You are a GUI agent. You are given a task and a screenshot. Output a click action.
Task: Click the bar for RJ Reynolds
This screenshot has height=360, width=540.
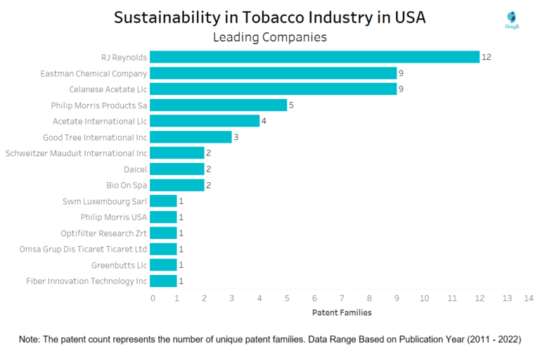pos(314,57)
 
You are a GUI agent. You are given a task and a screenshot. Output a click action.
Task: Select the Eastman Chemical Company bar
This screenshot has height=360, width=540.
pos(273,73)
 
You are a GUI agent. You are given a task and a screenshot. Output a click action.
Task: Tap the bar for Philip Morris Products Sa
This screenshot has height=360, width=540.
pos(218,105)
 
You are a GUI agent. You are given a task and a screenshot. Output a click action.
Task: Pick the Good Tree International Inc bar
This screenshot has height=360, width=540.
pos(191,137)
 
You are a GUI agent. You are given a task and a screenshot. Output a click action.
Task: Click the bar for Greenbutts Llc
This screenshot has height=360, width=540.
pos(163,265)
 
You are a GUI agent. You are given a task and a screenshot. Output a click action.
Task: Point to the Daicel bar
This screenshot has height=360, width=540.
pos(176,169)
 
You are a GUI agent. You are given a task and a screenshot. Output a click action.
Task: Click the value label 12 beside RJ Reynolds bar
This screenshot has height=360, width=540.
pos(486,57)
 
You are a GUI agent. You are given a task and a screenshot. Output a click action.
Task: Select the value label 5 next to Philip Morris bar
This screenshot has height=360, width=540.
pos(291,105)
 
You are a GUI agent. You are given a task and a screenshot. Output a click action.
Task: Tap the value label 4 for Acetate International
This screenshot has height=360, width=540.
pos(264,122)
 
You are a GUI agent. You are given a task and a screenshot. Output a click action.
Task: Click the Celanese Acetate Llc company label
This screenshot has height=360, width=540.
pos(108,89)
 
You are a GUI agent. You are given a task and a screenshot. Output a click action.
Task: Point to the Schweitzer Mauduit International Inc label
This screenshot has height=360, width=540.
pos(76,153)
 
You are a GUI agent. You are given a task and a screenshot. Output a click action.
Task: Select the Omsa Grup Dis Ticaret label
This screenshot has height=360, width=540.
pos(84,249)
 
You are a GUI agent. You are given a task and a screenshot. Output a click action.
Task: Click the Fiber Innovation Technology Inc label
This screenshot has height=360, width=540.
pos(86,281)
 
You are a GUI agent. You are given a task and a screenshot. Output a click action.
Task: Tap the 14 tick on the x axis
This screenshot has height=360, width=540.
pos(529,298)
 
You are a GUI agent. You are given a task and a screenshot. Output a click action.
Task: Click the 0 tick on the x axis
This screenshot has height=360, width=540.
pos(153,298)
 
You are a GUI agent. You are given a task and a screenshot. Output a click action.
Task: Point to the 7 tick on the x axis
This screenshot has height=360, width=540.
pos(342,298)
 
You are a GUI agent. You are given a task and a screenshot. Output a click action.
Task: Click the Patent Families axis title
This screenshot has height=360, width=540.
pos(341,312)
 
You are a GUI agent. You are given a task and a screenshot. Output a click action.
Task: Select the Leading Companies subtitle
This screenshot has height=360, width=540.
pos(270,37)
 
